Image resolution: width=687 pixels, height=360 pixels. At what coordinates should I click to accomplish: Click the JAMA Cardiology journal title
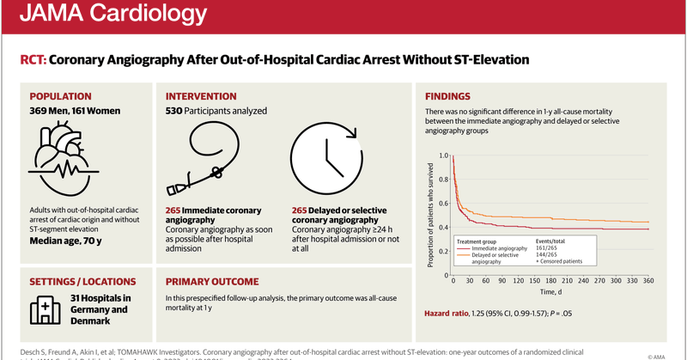[115, 16]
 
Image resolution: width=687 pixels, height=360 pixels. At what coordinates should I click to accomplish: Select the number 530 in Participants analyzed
[176, 112]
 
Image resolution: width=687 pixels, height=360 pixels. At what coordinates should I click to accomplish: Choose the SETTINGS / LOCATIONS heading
[82, 281]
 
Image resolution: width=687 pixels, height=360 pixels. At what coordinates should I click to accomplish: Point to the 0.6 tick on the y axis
[444, 203]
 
